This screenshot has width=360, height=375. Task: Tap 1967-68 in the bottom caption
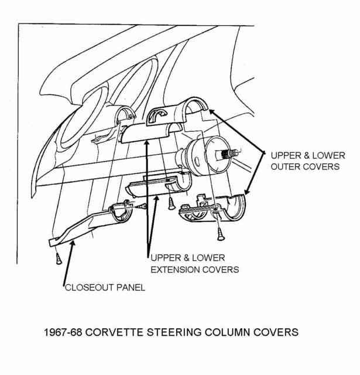63,332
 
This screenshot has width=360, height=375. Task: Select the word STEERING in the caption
174,332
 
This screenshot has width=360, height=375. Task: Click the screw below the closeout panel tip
59,258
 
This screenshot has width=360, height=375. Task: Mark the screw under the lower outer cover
220,234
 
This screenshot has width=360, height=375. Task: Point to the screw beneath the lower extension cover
171,203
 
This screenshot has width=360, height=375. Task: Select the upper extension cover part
150,133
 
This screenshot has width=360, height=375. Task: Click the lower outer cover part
212,208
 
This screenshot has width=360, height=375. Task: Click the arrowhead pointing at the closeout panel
73,244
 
